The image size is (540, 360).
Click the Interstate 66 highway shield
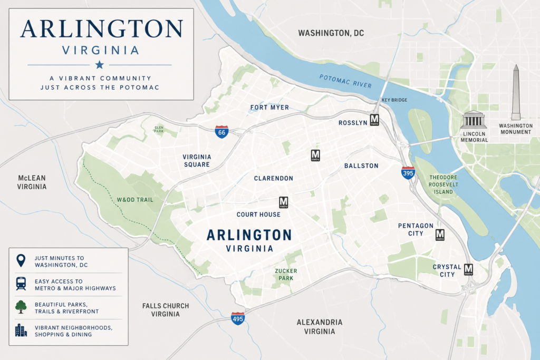pyautogui.click(x=221, y=132)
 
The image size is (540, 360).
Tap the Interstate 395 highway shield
pyautogui.click(x=408, y=173)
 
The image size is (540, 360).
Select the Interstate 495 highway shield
pyautogui.click(x=238, y=318)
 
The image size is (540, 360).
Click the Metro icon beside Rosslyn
pyautogui.click(x=374, y=120)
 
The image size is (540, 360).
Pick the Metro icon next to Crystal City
pyautogui.click(x=468, y=269)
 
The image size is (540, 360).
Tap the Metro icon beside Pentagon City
pyautogui.click(x=440, y=235)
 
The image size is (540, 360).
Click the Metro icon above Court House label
pyautogui.click(x=284, y=202)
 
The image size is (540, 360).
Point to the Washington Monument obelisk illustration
pyautogui.click(x=516, y=93)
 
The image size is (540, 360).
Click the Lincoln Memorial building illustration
pyautogui.click(x=473, y=120)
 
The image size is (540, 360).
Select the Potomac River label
pyautogui.click(x=345, y=81)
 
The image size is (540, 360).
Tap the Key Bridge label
pyautogui.click(x=394, y=100)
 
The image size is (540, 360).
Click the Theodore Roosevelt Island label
pyautogui.click(x=443, y=184)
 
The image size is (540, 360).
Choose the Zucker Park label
pyautogui.click(x=283, y=274)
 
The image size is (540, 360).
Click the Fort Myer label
pyautogui.click(x=269, y=108)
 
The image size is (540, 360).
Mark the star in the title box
pyautogui.click(x=99, y=65)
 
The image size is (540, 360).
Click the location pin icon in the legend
pyautogui.click(x=21, y=260)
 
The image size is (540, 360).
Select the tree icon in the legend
pyautogui.click(x=21, y=307)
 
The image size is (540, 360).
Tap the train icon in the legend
pyautogui.click(x=21, y=284)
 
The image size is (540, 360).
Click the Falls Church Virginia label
pyautogui.click(x=166, y=310)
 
